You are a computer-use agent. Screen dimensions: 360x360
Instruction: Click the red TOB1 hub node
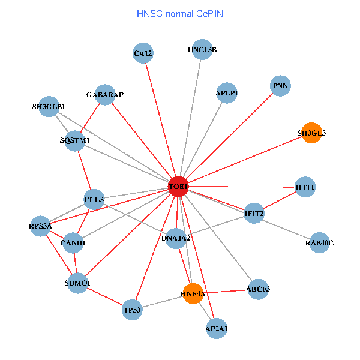178,187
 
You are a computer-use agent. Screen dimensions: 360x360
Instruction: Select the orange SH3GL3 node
311,133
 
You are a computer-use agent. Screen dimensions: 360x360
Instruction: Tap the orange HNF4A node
193,293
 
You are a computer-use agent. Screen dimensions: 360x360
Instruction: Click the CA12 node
143,53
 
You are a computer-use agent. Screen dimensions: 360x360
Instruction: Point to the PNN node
280,86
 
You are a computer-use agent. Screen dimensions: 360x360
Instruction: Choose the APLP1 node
227,93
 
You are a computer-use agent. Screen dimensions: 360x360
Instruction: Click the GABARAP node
105,95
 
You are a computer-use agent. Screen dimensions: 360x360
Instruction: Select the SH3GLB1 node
49,107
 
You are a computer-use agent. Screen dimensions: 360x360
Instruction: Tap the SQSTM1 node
75,140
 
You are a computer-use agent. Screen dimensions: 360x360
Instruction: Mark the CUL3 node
94,199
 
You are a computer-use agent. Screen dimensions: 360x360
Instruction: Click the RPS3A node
41,226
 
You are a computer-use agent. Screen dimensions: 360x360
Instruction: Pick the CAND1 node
73,243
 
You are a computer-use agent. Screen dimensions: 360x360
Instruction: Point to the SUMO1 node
78,283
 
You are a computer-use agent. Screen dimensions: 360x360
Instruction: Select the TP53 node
132,310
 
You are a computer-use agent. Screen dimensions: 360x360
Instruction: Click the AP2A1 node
217,328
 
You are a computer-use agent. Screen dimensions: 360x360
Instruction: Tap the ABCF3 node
258,289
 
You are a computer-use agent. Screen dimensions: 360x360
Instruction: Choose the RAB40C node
319,243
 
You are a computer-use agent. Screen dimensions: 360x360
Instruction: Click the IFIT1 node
305,187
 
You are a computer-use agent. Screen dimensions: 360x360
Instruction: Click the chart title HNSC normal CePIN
180,13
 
